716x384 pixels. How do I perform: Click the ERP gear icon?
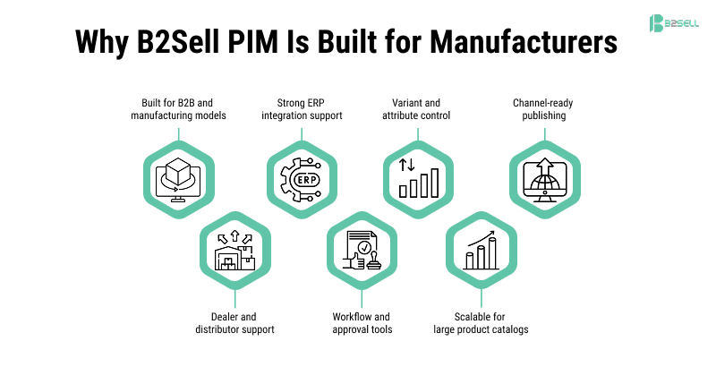pos(301,176)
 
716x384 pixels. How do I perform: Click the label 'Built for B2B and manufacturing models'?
pos(178,109)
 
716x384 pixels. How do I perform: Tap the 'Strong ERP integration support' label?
pos(302,109)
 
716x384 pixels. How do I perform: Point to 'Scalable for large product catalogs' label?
pos(482,322)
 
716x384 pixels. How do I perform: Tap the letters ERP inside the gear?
pos(301,179)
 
